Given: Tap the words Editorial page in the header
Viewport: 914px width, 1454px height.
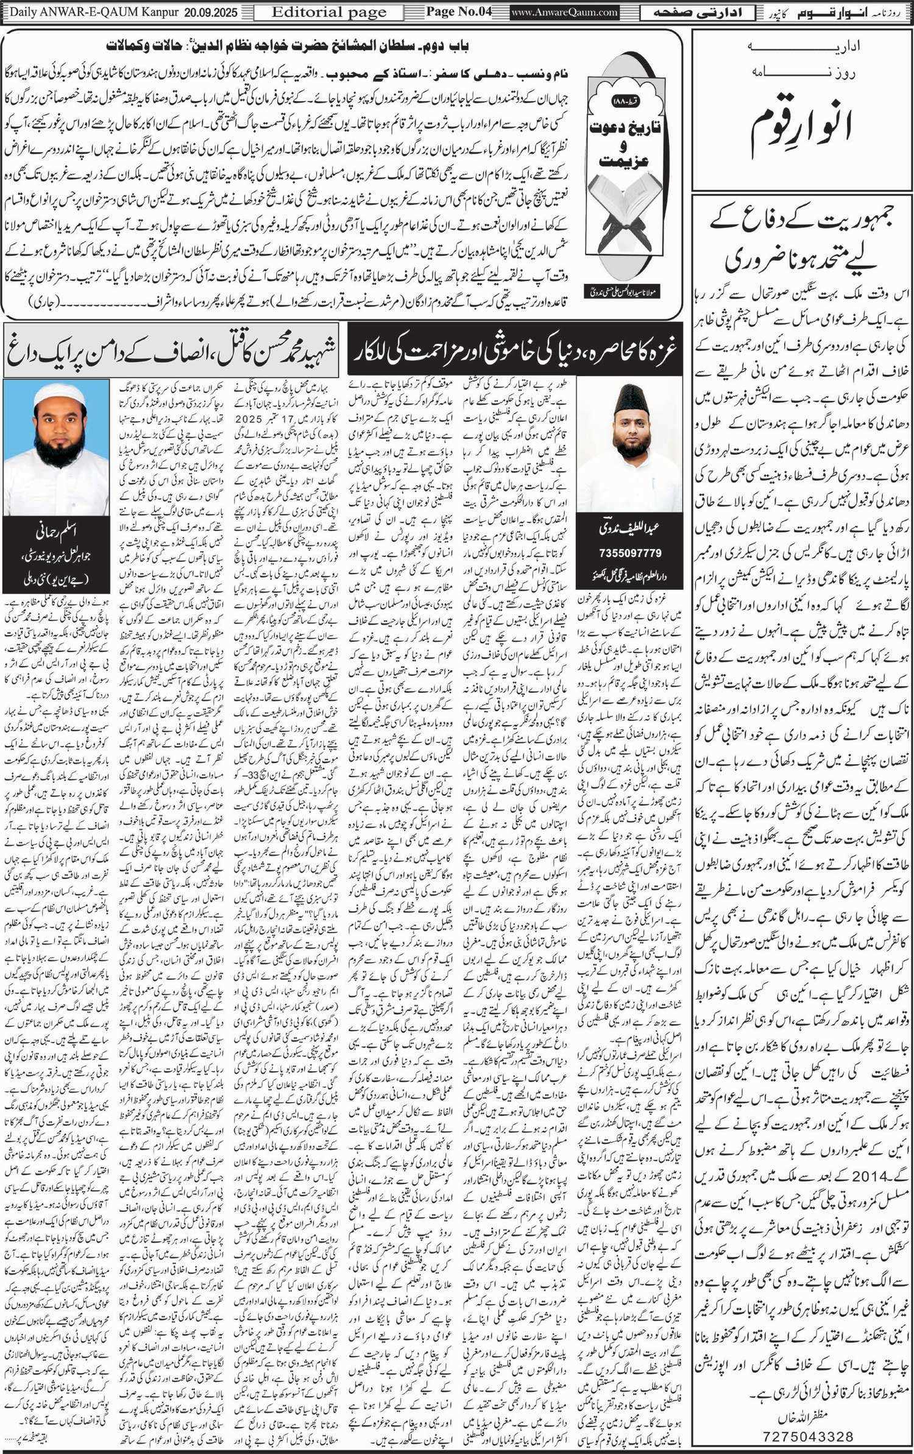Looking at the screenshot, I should (329, 12).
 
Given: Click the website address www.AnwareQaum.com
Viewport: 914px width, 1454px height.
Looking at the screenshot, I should (565, 12).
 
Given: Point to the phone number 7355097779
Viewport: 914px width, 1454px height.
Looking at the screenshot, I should (630, 553).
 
